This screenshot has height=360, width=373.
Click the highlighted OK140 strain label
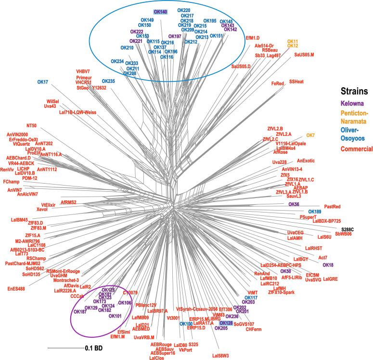tap(160, 11)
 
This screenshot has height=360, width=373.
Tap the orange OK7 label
tap(311, 135)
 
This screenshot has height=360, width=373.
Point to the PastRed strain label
tap(332, 207)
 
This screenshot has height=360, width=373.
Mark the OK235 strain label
tap(108, 81)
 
